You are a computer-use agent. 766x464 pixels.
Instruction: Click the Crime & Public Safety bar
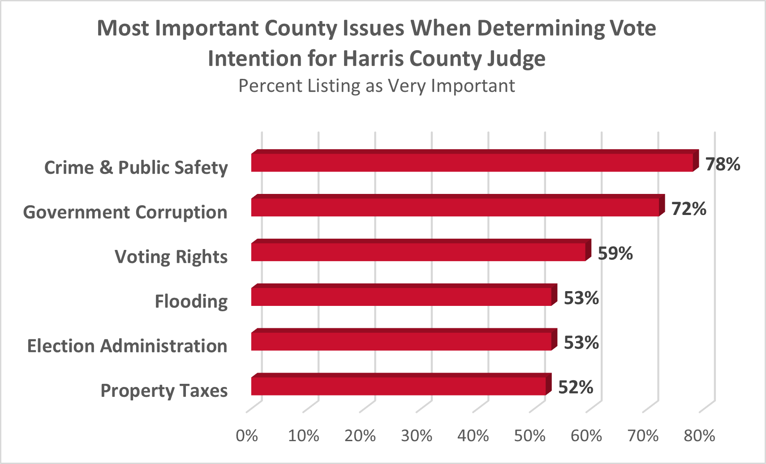point(472,162)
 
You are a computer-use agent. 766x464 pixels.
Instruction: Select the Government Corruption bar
point(455,207)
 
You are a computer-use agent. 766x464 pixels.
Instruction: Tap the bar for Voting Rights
point(418,252)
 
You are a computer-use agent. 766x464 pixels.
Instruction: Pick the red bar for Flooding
point(401,296)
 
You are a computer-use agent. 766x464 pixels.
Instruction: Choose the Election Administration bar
point(401,341)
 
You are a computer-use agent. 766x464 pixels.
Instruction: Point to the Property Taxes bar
point(399,386)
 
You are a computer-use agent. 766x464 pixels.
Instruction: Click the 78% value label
point(723,164)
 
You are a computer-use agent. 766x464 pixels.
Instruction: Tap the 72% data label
point(689,209)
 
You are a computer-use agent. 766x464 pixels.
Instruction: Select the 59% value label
point(615,253)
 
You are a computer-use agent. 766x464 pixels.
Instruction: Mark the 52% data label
point(575,387)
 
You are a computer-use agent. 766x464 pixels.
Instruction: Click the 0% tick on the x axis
point(247,435)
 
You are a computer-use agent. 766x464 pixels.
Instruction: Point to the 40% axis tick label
point(473,435)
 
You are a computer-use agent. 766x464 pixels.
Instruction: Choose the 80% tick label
point(699,435)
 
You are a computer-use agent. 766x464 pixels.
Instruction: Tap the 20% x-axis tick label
point(360,435)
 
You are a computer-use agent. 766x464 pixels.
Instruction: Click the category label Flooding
point(191,301)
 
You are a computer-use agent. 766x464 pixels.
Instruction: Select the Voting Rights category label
point(171,257)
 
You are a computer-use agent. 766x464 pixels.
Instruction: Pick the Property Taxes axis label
point(164,391)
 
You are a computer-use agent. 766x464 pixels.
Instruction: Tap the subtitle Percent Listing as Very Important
point(376,86)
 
